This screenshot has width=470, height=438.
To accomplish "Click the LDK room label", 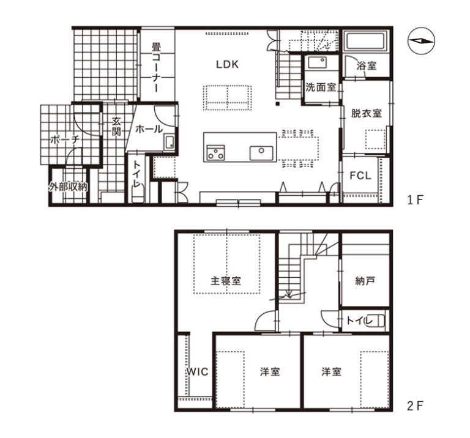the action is tap(227, 64).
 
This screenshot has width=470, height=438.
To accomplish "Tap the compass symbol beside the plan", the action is tap(421, 41).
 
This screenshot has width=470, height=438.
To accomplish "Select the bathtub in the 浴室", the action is tap(366, 42).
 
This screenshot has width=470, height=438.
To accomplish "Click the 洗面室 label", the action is tap(321, 87).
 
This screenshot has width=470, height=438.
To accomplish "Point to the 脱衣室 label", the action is tap(367, 113).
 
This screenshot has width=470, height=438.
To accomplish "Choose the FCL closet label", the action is tap(360, 176).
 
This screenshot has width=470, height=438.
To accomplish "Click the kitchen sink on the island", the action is tap(261, 153).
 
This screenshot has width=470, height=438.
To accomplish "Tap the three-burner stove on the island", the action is tap(216, 152).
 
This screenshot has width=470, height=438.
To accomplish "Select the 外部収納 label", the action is tap(69, 187).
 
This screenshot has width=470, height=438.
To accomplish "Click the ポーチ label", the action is tap(65, 140).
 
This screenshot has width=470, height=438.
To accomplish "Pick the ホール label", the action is tap(149, 129).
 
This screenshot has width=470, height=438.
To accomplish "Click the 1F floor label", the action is tap(414, 200).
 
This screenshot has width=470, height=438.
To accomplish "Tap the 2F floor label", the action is tap(415, 406).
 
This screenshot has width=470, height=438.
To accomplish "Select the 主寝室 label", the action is tap(226, 281).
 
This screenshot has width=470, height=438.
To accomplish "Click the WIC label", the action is tap(197, 372).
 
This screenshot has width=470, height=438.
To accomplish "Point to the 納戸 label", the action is tap(365, 281).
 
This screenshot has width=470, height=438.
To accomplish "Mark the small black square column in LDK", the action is tap(278, 104).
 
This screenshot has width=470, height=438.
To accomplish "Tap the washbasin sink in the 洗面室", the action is tap(317, 63).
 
